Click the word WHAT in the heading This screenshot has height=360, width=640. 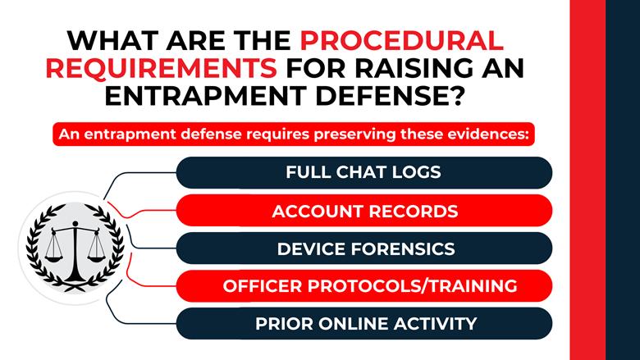coord(108,40)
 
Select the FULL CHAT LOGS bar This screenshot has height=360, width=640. coord(364,173)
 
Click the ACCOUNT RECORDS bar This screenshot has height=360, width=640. coord(364,211)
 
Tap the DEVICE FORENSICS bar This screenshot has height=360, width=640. coord(364,248)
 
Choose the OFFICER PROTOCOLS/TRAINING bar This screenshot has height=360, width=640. coord(364,286)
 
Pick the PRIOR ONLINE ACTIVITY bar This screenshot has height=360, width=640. coord(364,324)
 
